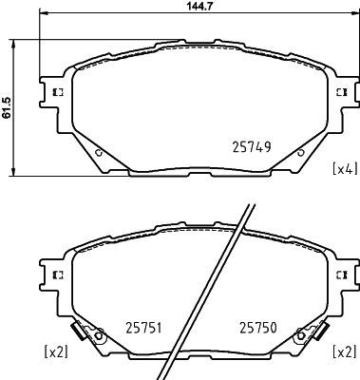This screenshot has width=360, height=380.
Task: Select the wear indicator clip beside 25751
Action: [x=93, y=334]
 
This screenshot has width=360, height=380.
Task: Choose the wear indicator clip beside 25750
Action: [x=306, y=334]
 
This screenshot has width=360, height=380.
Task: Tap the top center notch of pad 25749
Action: [x=199, y=43]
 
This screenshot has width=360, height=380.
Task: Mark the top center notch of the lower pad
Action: [x=199, y=225]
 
